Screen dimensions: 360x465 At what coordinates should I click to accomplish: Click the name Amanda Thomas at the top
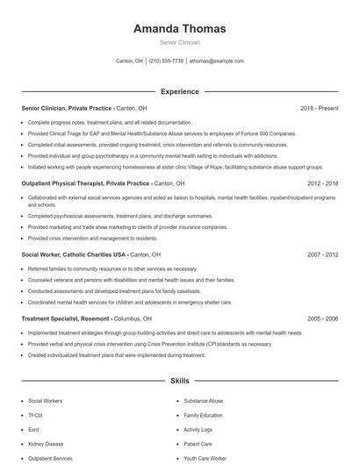pyautogui.click(x=179, y=28)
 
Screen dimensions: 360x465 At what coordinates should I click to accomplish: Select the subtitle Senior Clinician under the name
pyautogui.click(x=179, y=42)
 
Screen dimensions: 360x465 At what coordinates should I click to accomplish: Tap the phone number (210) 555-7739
pyautogui.click(x=166, y=61)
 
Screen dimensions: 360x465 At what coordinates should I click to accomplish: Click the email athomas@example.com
pyautogui.click(x=217, y=61)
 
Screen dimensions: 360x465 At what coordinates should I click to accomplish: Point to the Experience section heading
pyautogui.click(x=179, y=91)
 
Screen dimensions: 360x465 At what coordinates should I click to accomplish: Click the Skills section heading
pyautogui.click(x=179, y=383)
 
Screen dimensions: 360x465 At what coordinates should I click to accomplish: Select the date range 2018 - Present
pyautogui.click(x=320, y=108)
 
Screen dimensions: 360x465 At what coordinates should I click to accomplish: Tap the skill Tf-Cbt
pyautogui.click(x=37, y=414)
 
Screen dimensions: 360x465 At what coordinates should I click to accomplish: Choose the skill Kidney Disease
pyautogui.click(x=46, y=443)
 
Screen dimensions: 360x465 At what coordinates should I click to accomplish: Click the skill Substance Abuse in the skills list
pyautogui.click(x=205, y=399)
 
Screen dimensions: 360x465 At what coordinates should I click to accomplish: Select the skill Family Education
pyautogui.click(x=204, y=414)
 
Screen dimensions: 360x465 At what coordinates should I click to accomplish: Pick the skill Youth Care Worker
pyautogui.click(x=205, y=458)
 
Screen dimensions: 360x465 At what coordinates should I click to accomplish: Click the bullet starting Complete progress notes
pyautogui.click(x=110, y=122)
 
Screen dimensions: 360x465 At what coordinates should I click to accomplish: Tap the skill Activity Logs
pyautogui.click(x=199, y=429)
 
